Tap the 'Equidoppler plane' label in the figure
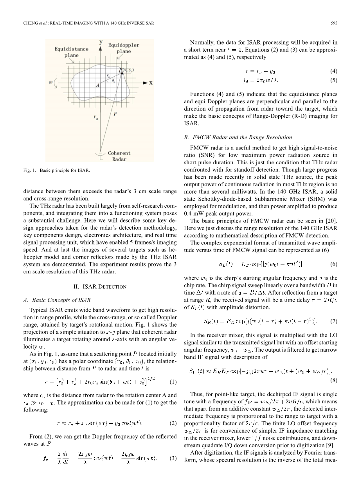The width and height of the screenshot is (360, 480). click(124, 48)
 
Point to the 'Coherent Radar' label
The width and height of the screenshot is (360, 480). click(119, 156)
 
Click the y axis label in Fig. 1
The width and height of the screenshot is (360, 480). click(101, 41)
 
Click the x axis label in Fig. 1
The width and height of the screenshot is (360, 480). click(151, 83)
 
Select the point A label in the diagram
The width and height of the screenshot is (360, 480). click(97, 85)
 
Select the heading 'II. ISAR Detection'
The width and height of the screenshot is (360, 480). click(100, 287)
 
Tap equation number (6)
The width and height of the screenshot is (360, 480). click(334, 264)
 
